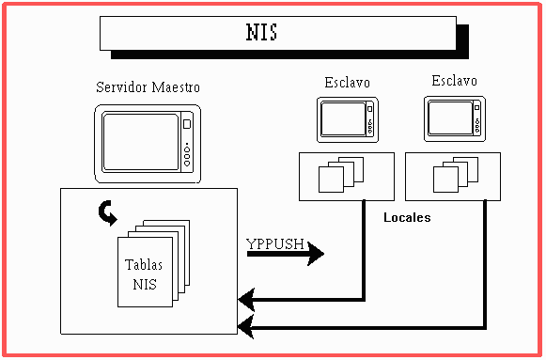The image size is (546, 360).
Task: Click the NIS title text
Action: [261, 32]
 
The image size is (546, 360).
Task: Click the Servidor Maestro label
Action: [148, 87]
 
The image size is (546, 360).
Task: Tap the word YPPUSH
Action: [275, 243]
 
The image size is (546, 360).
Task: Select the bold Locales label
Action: [407, 218]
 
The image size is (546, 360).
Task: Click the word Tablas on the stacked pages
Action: [144, 265]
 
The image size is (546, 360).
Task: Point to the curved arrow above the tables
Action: [107, 213]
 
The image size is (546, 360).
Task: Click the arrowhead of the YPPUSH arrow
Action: [316, 254]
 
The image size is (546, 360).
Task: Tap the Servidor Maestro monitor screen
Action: [141, 142]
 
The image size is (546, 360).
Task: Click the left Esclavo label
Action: [347, 83]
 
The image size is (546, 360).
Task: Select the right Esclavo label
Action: [455, 81]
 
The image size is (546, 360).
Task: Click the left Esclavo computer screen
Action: [343, 119]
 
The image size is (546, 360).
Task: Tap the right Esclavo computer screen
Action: [450, 118]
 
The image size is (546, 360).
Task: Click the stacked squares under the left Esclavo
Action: [341, 175]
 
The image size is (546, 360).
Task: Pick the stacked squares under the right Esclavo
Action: [456, 175]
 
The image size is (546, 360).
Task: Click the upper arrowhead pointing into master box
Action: [246, 300]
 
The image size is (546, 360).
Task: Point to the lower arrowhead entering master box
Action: [246, 327]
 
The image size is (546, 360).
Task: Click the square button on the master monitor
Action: [187, 124]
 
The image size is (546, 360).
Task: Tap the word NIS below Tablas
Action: [145, 285]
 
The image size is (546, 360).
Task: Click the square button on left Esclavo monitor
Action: [370, 109]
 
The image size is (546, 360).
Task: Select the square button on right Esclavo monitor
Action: [477, 108]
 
